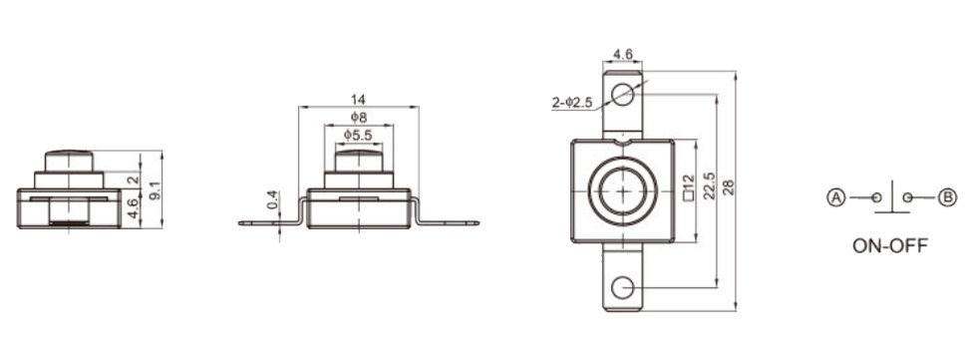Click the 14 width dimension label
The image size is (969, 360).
point(358,99)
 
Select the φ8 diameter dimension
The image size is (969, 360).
point(359,117)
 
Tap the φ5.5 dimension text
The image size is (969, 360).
point(359,135)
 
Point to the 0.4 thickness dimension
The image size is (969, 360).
point(272,199)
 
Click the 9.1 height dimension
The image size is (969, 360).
point(156,189)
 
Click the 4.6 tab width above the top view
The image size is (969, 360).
point(622,55)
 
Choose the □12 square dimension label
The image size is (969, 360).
point(689,188)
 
